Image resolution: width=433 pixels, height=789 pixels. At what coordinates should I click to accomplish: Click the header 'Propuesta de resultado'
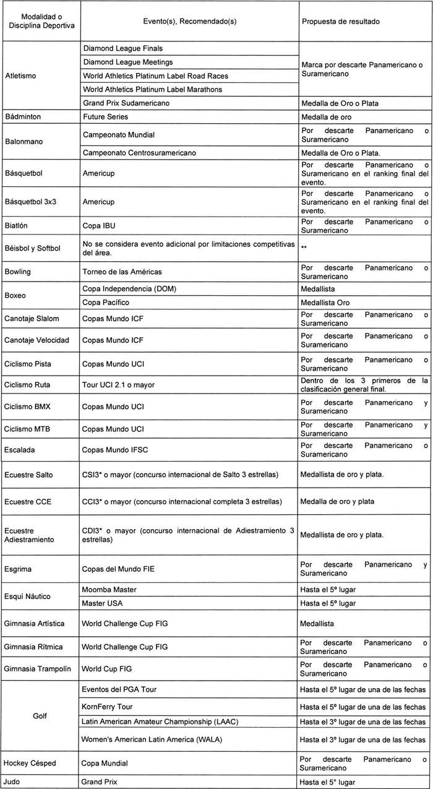click(x=340, y=21)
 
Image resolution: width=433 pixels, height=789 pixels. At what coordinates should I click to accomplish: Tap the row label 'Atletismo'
click(x=20, y=76)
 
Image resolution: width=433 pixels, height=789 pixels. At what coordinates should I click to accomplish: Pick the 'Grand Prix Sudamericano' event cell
click(x=126, y=103)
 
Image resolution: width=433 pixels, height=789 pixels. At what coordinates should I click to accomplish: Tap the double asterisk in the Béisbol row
click(x=304, y=246)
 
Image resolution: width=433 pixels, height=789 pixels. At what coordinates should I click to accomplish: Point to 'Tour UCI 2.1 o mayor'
click(x=119, y=385)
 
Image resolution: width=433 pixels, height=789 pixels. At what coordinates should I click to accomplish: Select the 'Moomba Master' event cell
click(x=109, y=590)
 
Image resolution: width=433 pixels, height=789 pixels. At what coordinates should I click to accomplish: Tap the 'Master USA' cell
click(x=103, y=603)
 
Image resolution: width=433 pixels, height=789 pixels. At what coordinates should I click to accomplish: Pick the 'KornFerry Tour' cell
click(x=108, y=707)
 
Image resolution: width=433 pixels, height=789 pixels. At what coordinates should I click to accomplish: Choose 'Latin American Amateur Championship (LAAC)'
click(x=160, y=721)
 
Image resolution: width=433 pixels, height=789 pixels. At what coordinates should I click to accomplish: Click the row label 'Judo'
click(x=14, y=782)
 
